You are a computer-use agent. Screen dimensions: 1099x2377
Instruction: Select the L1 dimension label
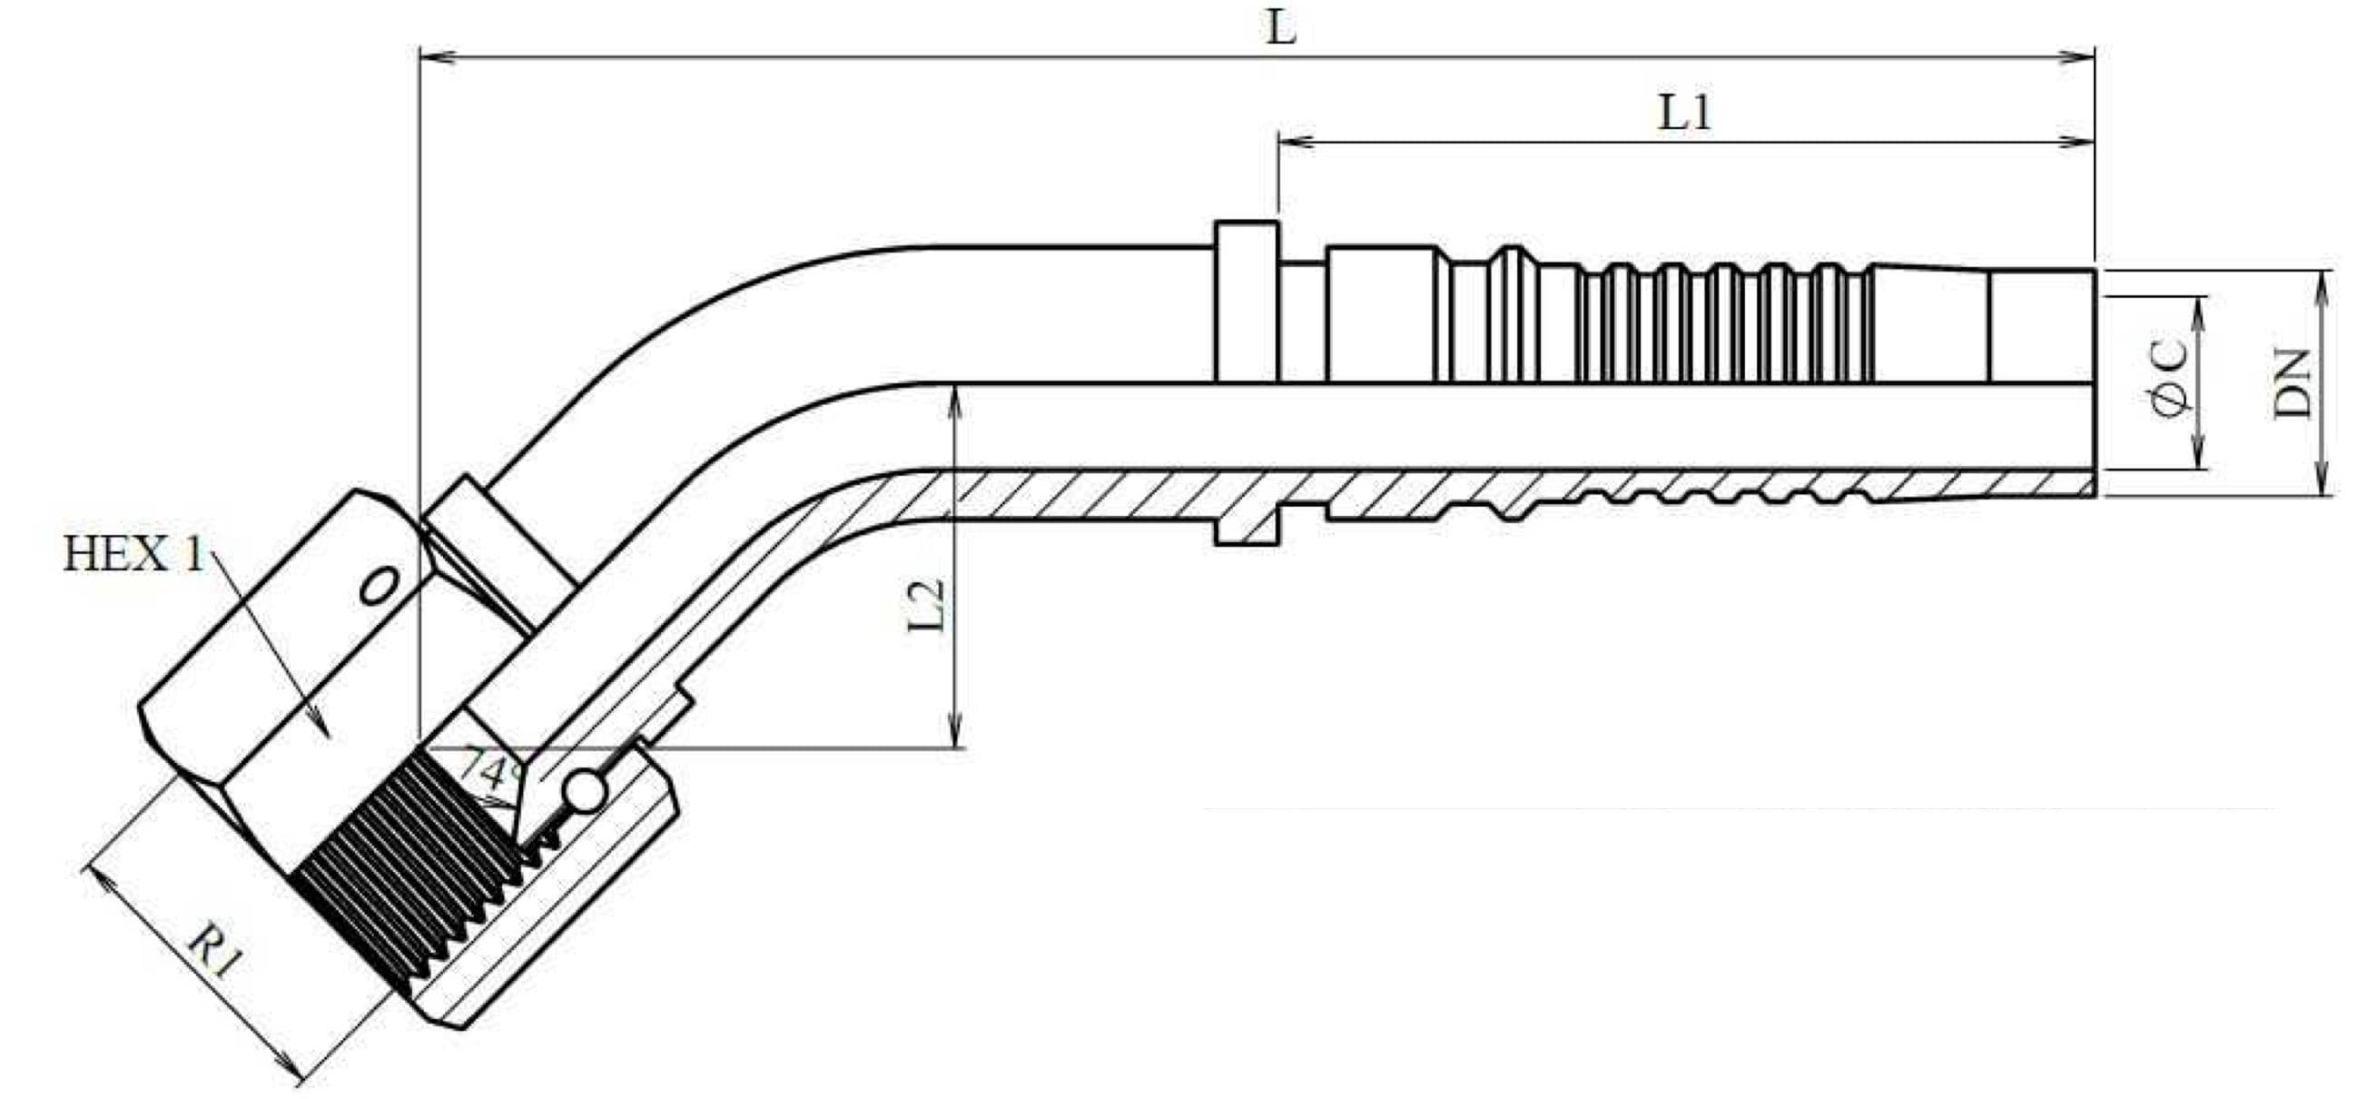point(1685,113)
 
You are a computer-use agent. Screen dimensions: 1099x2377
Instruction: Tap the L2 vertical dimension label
point(926,604)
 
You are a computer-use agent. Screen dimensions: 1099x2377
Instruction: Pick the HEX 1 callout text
point(133,556)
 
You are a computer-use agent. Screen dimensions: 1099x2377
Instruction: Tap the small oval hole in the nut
point(380,586)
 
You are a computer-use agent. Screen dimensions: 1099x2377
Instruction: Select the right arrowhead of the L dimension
point(2080,58)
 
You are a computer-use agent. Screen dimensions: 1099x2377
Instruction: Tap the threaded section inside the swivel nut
point(406,876)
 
